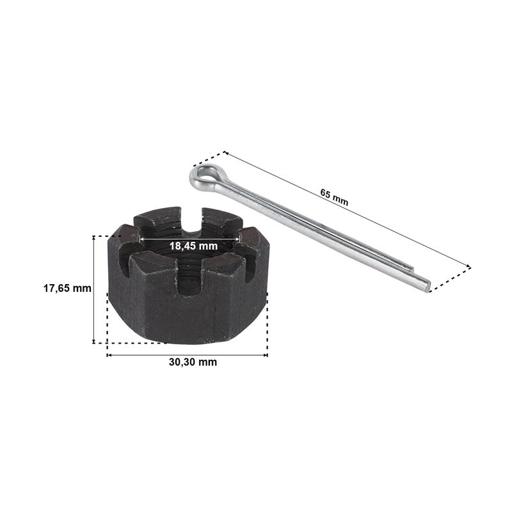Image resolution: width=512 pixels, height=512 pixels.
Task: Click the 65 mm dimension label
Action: click(334, 198)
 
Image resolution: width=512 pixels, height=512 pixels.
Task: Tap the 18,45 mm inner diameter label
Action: click(193, 246)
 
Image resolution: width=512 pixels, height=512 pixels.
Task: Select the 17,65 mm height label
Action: click(67, 289)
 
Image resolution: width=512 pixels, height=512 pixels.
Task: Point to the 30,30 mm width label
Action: click(193, 362)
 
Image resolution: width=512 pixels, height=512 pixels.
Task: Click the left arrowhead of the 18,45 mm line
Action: click(141, 239)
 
